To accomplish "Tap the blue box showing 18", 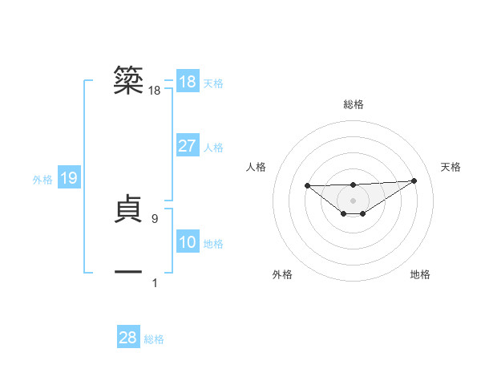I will (x=188, y=82).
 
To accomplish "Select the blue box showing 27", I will (x=188, y=146).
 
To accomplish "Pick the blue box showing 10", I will (x=188, y=242).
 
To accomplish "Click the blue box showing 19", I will (x=69, y=178).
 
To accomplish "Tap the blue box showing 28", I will (x=128, y=338).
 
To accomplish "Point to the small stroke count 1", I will (x=155, y=282).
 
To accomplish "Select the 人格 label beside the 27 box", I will (x=213, y=148).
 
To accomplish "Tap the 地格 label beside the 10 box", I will (x=213, y=244).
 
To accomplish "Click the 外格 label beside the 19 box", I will (x=42, y=180).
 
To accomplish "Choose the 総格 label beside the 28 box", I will (x=154, y=339).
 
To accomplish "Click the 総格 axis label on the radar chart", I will (x=353, y=104).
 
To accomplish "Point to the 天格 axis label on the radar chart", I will (x=451, y=167).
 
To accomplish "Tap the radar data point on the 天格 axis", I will (x=414, y=180).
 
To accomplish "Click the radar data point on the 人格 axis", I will (x=308, y=185).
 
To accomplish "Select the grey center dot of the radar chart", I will (x=353, y=200).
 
